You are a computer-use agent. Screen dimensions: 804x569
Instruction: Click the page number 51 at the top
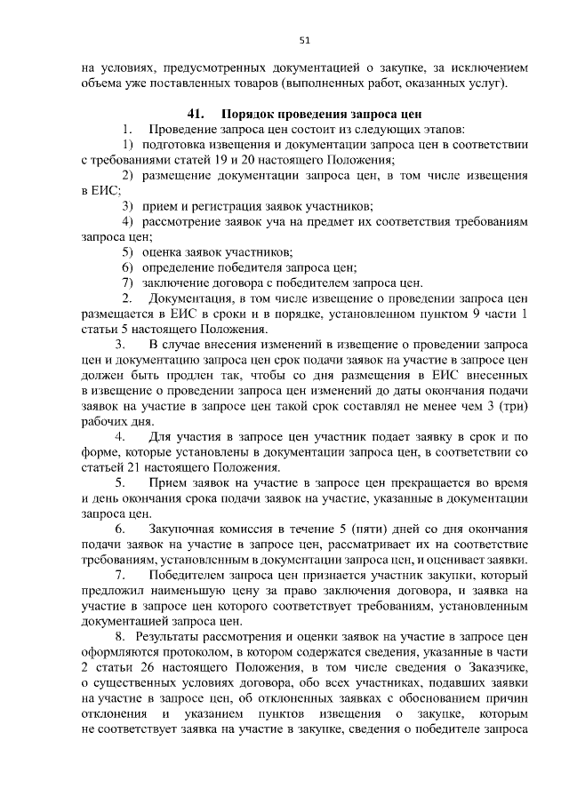tap(304, 40)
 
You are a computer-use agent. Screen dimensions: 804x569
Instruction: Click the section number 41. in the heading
tap(196, 115)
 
